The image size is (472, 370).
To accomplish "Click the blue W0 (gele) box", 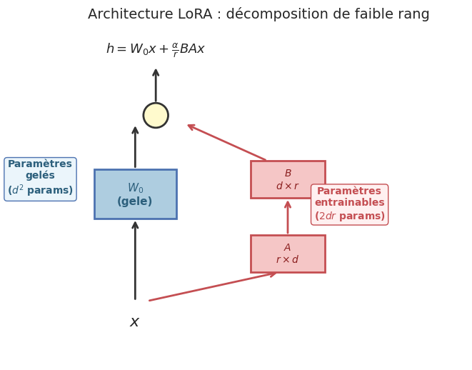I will click(135, 194).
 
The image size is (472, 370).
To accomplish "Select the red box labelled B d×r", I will click(288, 179).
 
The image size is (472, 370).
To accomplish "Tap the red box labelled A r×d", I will click(288, 254).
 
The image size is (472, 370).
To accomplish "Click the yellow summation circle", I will click(156, 115).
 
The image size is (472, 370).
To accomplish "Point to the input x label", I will click(134, 322).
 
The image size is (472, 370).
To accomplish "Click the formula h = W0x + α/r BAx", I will click(155, 49).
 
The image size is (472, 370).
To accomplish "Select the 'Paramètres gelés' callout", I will click(40, 179).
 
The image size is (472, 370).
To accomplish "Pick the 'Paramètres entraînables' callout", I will click(349, 204).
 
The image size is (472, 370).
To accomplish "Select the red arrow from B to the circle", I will click(226, 142).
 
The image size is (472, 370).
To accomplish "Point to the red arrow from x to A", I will click(213, 286).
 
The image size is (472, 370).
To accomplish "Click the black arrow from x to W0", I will click(135, 260).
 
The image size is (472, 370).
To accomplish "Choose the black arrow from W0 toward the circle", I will click(135, 147).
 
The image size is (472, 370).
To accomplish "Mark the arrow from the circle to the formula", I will click(156, 86).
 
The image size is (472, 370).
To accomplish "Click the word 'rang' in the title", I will click(412, 14).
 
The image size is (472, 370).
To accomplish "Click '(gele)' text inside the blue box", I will click(135, 202).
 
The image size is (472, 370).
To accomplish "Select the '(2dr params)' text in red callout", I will click(349, 216).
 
